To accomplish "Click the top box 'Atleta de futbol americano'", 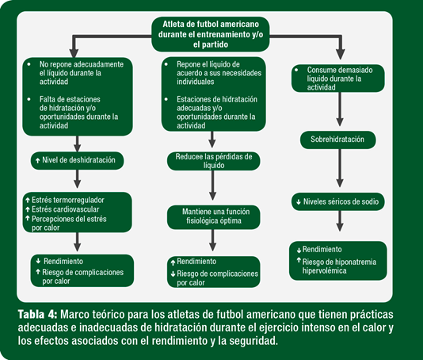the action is point(211,34).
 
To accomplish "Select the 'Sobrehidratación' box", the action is point(337,140).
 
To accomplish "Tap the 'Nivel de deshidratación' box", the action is point(77,160).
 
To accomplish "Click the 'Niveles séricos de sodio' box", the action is point(337,201).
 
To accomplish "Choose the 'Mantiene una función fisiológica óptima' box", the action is point(213,217).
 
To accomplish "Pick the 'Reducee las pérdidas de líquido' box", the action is point(213,161).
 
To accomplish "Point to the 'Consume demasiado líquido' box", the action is point(338,79).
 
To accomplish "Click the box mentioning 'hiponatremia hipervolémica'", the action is point(338,261).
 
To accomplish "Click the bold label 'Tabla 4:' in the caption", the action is point(37,315).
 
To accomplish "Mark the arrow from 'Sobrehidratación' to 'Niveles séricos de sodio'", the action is point(340,168).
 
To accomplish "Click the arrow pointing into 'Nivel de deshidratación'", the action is point(78,144).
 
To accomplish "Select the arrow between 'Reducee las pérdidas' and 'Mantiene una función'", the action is point(213,186).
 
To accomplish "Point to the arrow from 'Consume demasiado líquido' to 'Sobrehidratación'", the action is point(340,109).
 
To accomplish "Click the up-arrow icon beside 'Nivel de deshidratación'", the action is point(38,160).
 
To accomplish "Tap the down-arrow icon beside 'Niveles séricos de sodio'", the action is point(299,202).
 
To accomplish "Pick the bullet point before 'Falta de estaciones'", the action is point(29,99).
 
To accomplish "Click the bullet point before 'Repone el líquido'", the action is point(166,64).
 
